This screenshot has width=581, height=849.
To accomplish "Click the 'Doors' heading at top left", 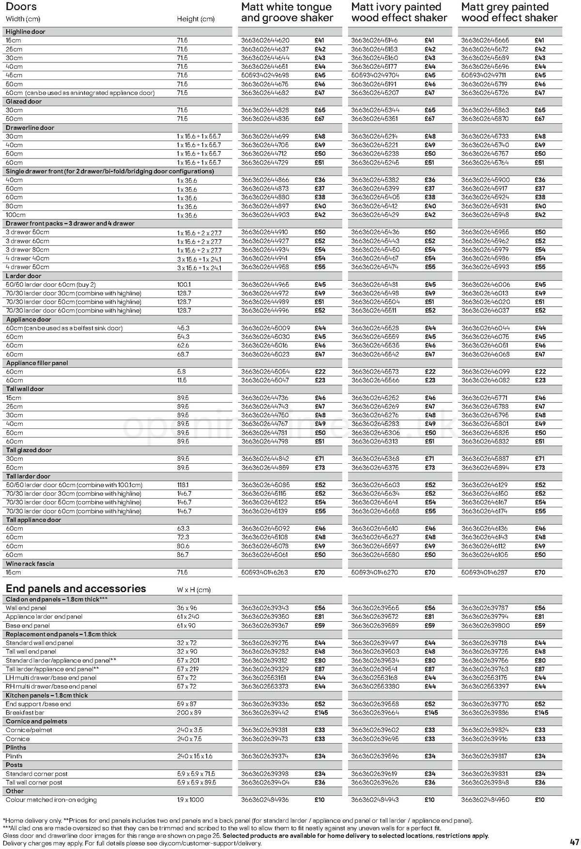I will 21,7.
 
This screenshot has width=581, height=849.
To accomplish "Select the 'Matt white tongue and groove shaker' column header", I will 287,13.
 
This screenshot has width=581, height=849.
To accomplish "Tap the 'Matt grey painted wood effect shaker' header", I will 509,13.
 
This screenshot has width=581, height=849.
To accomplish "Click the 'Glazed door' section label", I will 24,102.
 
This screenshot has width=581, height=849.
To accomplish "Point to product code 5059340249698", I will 265,76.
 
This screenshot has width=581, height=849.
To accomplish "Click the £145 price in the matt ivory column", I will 431,713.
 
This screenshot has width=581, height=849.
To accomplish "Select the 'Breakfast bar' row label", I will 23,713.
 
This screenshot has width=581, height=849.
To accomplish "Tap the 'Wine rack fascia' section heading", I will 30,564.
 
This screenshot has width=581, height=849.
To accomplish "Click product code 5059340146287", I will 485,573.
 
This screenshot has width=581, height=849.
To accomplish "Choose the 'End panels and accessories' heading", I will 76,588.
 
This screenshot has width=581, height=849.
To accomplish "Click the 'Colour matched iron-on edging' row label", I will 51,800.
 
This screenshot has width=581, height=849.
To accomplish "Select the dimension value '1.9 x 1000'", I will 190,800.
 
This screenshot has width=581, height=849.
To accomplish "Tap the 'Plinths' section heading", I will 16,748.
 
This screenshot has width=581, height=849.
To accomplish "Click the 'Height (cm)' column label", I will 195,19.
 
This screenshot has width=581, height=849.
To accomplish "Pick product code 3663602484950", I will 485,800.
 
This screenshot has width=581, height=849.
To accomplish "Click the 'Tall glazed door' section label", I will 28,450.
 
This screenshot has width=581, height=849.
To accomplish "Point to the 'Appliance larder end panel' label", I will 44,617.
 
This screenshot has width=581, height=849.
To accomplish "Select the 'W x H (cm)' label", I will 194,590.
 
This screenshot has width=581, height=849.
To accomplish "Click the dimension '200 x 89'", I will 188,713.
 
